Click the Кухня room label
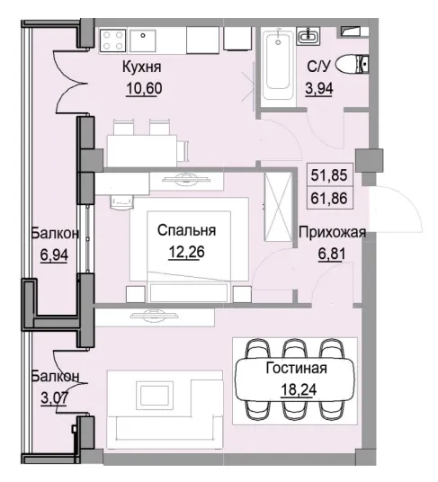pyautogui.click(x=141, y=67)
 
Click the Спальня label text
pyautogui.click(x=186, y=231)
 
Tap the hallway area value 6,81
pyautogui.click(x=331, y=253)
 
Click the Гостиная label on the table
pyautogui.click(x=296, y=369)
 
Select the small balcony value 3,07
pyautogui.click(x=53, y=393)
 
